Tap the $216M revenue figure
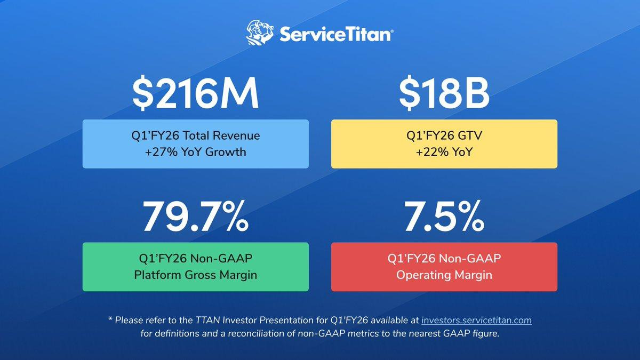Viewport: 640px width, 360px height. point(195,93)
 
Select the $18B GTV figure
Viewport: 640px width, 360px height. point(444,93)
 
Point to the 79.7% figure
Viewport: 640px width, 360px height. point(196,217)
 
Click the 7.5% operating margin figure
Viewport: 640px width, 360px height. point(444,217)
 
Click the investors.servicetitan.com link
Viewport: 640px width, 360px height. point(477,321)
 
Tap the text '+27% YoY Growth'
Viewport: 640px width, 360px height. point(195,151)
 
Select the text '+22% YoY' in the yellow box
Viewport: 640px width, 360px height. point(444,151)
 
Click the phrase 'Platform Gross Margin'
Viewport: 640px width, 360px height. point(195,275)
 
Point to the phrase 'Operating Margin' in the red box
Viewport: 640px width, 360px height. point(444,275)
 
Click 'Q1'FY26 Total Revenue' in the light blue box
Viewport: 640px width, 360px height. point(195,135)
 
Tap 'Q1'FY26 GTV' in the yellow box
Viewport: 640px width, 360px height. point(444,135)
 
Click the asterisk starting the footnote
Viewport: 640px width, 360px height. point(110,319)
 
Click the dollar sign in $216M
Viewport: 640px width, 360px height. point(143,93)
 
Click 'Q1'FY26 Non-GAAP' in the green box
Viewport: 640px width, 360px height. point(195,259)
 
